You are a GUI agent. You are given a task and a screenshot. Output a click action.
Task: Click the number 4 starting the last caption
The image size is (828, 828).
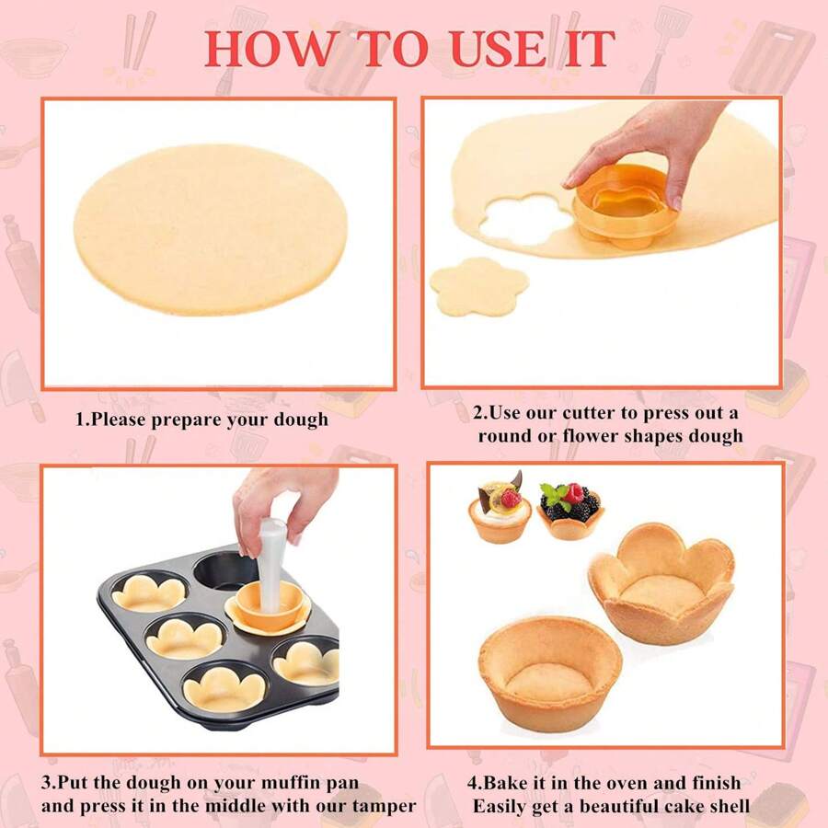[x=472, y=784]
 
